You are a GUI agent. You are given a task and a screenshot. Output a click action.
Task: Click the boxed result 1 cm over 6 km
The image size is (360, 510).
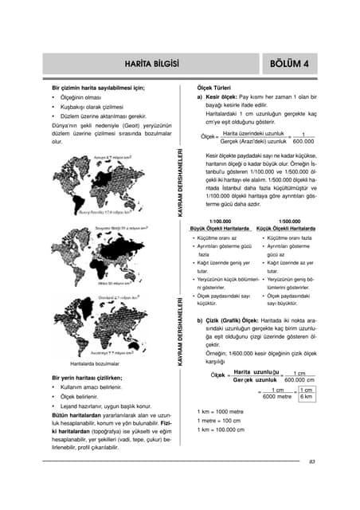pos(306,393)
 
